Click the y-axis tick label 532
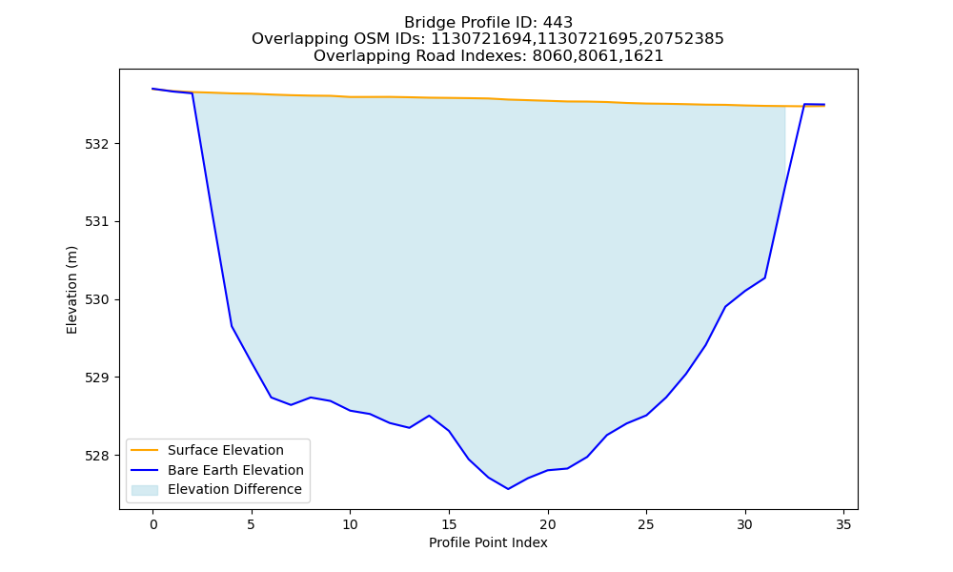coord(97,144)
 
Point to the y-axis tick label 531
coord(97,222)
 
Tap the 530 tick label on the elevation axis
coord(97,299)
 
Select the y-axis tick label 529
coord(97,378)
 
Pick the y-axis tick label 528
coord(97,456)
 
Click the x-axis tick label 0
coord(153,524)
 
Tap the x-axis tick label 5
coord(252,524)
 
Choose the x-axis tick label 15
coord(449,524)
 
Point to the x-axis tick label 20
coord(548,524)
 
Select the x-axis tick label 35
coord(843,524)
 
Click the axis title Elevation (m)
coord(71,290)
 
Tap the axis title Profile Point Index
coord(488,542)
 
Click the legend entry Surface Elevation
coord(226,450)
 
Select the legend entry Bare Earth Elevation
coord(235,470)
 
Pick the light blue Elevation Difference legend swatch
coord(145,490)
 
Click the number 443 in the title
coord(558,23)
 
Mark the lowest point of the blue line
coord(508,489)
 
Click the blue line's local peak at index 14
coord(429,416)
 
